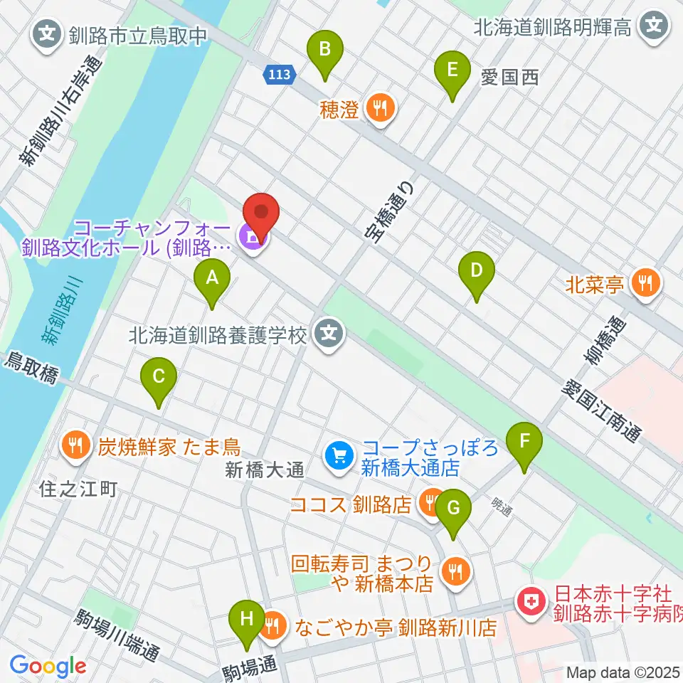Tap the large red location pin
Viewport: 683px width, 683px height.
[261, 214]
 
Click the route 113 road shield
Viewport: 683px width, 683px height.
[279, 75]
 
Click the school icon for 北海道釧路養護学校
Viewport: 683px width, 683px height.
[329, 332]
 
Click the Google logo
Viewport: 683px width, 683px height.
[48, 667]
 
